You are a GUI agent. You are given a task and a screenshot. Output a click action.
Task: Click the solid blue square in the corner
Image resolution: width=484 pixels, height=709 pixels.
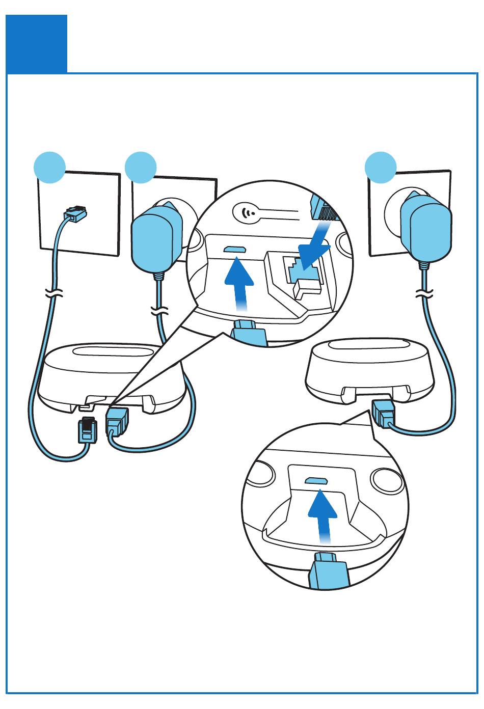coord(36,44)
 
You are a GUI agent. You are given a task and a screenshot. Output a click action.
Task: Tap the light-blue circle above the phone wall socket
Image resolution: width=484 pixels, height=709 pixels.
coord(49,167)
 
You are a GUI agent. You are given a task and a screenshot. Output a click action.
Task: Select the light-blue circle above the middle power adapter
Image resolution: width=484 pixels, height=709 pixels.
coord(141,167)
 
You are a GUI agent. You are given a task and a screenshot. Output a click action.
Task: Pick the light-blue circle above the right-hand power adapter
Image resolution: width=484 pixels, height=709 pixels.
coord(381,167)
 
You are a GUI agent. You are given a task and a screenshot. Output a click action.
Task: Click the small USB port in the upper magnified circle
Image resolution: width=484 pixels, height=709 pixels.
coord(235,250)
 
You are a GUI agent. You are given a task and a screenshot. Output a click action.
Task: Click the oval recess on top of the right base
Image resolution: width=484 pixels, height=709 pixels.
coord(370,344)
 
